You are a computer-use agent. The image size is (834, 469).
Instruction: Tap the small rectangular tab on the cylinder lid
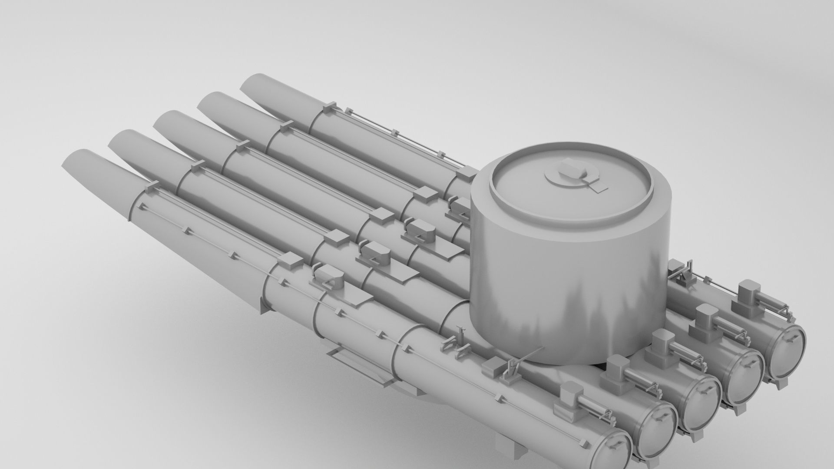(x=598, y=188)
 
